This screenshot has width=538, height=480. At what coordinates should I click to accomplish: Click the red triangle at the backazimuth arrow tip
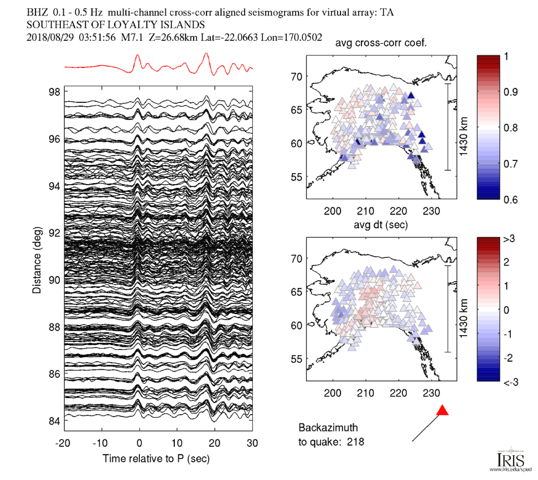pyautogui.click(x=442, y=410)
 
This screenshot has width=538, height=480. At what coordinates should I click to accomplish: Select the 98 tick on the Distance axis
pyautogui.click(x=54, y=92)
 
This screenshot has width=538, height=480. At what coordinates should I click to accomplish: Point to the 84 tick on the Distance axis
pyautogui.click(x=54, y=421)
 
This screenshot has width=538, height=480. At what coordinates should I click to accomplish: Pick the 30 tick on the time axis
pyautogui.click(x=252, y=443)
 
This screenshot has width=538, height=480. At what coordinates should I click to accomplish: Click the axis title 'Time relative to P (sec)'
pyautogui.click(x=156, y=458)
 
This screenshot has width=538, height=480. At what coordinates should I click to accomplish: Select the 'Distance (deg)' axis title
pyautogui.click(x=37, y=256)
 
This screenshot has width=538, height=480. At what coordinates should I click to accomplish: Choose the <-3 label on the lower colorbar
pyautogui.click(x=509, y=382)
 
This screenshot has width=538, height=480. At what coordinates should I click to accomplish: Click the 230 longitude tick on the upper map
pyautogui.click(x=431, y=210)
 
